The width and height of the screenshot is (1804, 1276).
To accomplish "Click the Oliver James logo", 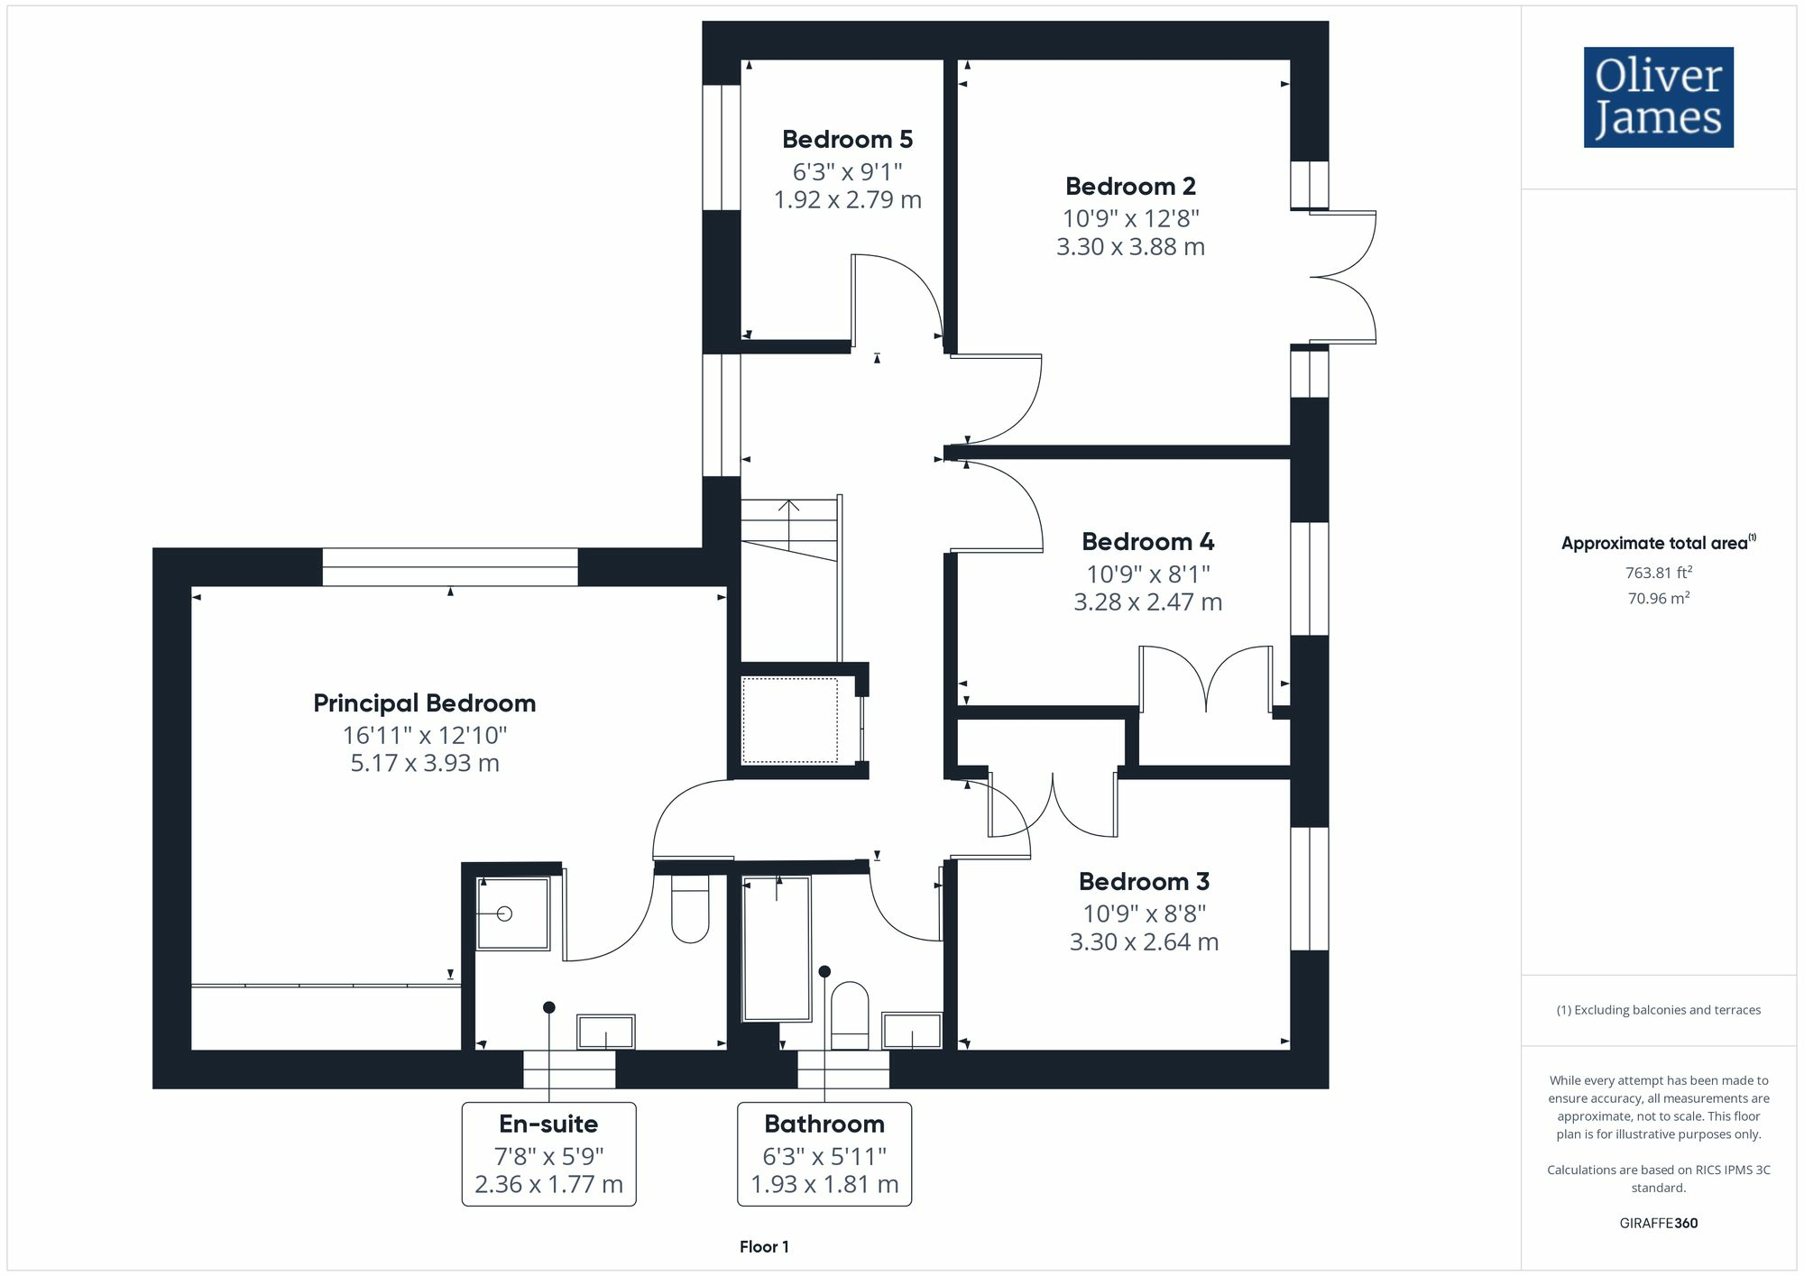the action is (1658, 97).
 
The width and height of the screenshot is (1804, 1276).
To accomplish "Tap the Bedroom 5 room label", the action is (847, 140).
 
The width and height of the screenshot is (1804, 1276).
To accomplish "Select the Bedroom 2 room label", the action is (1130, 187).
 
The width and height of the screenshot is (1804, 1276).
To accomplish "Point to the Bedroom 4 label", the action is (1147, 542).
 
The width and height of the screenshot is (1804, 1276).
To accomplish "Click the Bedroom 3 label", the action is (1144, 882).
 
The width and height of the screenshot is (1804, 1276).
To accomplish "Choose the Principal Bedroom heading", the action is (424, 703).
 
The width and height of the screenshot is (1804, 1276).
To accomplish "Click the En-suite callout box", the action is (548, 1153).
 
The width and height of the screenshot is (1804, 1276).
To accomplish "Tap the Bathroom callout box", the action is (824, 1153).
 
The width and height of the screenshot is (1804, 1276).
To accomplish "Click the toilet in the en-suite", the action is (690, 909).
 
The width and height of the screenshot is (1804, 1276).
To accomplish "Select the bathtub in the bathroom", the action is (776, 947).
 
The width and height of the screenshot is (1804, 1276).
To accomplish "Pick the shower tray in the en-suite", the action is (512, 913).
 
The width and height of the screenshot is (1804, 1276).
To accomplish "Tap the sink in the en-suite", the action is (605, 1032).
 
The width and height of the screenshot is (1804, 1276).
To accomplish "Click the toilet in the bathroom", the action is (849, 1015).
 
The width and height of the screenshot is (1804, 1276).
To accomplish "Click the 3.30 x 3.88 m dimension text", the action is (1130, 247).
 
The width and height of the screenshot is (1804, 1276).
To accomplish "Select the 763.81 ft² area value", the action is (1658, 573).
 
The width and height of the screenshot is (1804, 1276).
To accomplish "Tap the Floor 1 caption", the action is (764, 1247).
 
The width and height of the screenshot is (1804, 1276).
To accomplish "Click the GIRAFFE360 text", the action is (1658, 1224).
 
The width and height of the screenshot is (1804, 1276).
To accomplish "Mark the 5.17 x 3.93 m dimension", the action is (424, 764).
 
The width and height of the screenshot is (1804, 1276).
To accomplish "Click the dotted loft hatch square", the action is (789, 721).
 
